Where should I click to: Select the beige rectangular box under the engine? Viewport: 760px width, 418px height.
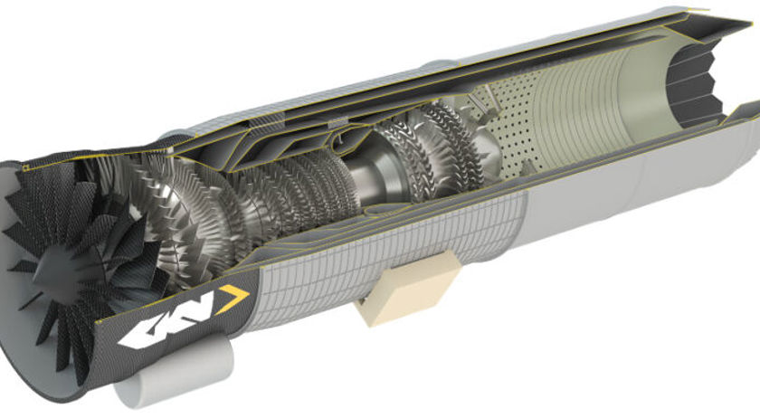tap(407, 287)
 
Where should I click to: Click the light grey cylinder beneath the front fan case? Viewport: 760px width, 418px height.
tap(175, 368)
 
